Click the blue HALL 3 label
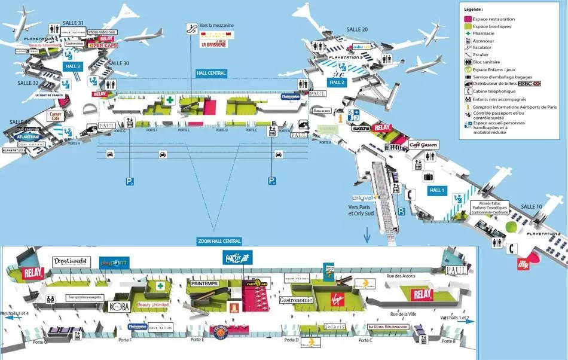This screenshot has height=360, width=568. pos(73,66)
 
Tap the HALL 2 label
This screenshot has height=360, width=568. pos(337,82)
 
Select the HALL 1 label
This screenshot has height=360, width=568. pos(437,190)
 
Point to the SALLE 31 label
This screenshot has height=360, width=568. pos(73,23)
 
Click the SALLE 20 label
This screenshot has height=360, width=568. pos(357,29)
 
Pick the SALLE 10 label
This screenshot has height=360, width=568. pos(531,206)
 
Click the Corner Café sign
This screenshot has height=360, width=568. pos(56,115)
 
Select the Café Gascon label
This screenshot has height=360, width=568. pos(423,145)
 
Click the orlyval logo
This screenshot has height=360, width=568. pos(363,198)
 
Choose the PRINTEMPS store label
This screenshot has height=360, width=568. pos(205,283)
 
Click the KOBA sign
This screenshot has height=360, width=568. pos(118,306)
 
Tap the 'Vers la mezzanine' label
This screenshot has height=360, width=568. pos(216,26)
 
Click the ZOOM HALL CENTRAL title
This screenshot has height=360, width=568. pos(219,241)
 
